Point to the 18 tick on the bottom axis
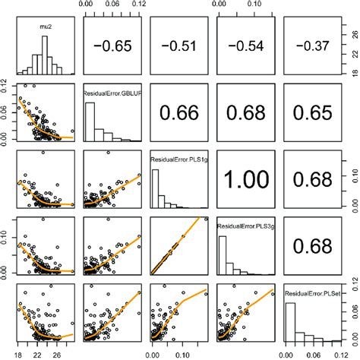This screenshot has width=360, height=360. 19,352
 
